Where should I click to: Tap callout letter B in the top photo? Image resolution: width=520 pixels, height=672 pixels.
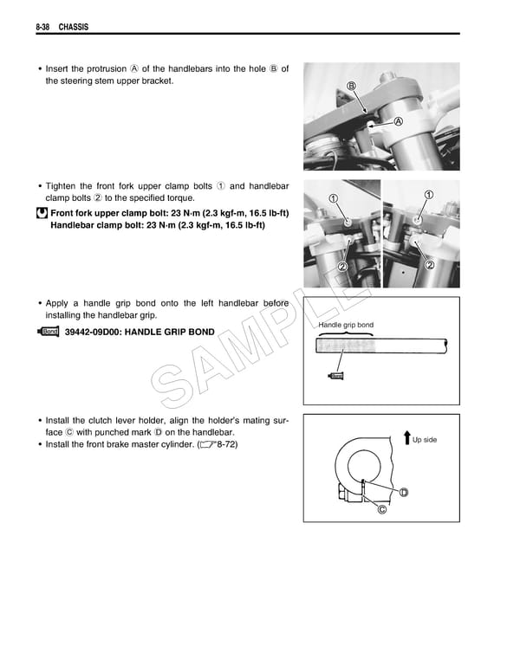[352, 85]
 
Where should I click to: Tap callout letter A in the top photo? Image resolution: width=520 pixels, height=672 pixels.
[398, 121]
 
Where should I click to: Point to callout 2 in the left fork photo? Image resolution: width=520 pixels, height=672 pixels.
[342, 266]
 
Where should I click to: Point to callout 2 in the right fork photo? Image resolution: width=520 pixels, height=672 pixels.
[429, 264]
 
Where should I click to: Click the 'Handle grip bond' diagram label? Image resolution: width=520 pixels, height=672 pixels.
[346, 325]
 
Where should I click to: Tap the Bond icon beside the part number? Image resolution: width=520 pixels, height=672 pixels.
[49, 332]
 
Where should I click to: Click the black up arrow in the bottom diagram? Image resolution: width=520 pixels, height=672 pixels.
[406, 437]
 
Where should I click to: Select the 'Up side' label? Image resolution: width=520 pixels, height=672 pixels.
[425, 440]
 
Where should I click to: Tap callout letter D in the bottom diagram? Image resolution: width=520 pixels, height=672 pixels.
[404, 493]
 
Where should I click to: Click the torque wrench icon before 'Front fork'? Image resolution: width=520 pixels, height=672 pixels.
[42, 213]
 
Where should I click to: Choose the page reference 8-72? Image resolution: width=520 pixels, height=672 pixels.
[224, 444]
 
